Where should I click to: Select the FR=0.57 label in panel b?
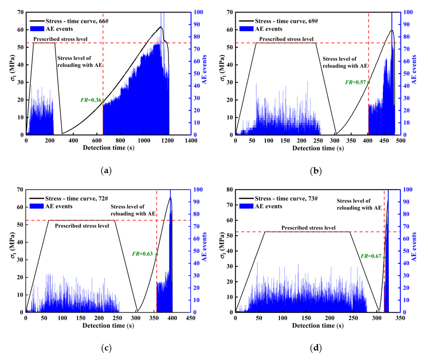356,82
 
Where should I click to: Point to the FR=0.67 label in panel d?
372,256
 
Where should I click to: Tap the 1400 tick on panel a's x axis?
191,141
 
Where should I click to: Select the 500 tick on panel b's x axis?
400,141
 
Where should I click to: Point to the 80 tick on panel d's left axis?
230,190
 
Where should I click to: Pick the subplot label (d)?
316,348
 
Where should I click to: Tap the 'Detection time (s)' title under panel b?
317,148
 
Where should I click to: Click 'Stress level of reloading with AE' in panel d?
360,204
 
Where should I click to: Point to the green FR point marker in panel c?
157,254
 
